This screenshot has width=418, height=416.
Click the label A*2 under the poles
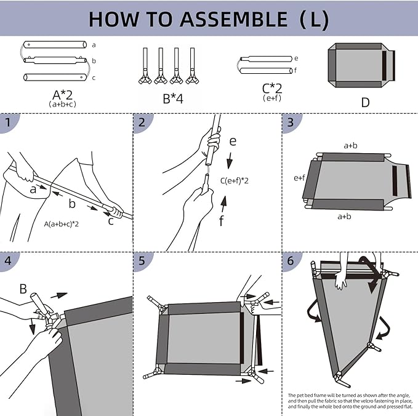pyautogui.click(x=64, y=95)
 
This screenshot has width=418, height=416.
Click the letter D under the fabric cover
pyautogui.click(x=365, y=102)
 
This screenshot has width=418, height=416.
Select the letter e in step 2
pyautogui.click(x=232, y=141)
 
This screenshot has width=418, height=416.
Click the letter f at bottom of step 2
pyautogui.click(x=222, y=220)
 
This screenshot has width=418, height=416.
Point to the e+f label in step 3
pyautogui.click(x=300, y=178)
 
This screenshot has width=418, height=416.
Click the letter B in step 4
pyautogui.click(x=23, y=287)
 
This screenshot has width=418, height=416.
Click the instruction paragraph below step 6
pyautogui.click(x=349, y=401)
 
